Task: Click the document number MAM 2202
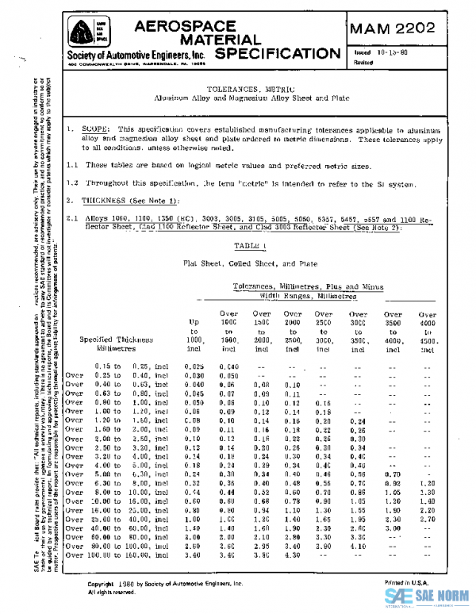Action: pos(392,29)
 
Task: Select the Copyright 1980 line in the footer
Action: pos(154,583)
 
